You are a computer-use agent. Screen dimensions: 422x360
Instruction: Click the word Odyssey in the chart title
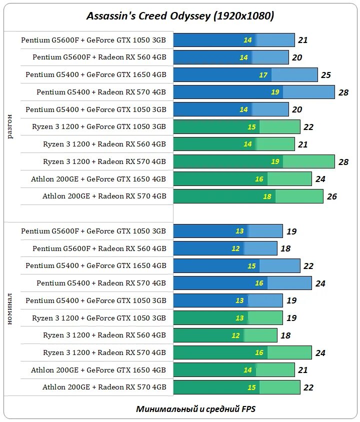point(187,16)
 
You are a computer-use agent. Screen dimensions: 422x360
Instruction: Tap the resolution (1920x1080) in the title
point(244,16)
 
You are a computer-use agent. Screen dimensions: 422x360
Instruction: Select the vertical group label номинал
point(10,310)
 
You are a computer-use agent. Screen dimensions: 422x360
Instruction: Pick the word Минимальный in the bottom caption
point(163,409)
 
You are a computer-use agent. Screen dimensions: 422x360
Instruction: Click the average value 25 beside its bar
point(326,75)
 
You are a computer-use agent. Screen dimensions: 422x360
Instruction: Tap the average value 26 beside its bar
point(332,196)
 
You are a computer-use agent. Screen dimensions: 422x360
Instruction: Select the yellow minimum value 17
point(263,75)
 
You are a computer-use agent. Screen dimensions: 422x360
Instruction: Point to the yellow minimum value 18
point(267,196)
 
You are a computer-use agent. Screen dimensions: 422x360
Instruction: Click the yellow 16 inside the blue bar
point(259,283)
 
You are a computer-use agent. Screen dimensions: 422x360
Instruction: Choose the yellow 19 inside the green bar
point(275,161)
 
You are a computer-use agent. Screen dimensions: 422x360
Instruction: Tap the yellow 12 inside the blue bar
point(235,248)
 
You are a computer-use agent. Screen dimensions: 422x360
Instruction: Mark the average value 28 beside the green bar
point(343,162)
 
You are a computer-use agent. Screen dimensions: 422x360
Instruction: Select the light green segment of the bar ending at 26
point(299,196)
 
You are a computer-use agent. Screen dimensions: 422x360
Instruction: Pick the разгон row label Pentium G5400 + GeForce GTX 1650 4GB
point(96,74)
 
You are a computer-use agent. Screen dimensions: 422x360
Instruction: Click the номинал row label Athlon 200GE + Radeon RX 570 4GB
point(104,387)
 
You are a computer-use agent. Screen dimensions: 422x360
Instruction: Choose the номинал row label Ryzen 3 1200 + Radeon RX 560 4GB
point(104,335)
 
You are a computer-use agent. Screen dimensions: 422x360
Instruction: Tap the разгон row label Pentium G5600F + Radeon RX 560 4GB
point(99,57)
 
